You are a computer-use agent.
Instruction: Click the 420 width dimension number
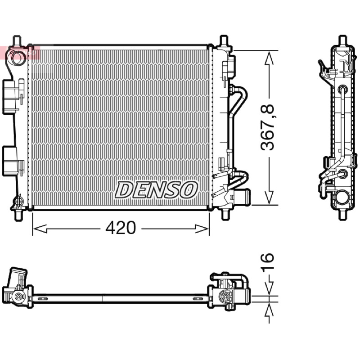(x=121, y=228)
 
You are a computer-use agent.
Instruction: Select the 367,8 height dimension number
(x=267, y=127)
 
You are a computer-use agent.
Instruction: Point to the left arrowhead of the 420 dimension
(x=40, y=229)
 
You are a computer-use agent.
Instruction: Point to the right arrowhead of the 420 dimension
(x=202, y=229)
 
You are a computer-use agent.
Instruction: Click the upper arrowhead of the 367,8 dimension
(x=269, y=58)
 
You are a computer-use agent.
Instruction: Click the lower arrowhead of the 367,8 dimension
(x=269, y=198)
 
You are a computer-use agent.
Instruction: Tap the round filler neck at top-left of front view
(x=17, y=57)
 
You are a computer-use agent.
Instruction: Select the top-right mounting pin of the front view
(x=224, y=41)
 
